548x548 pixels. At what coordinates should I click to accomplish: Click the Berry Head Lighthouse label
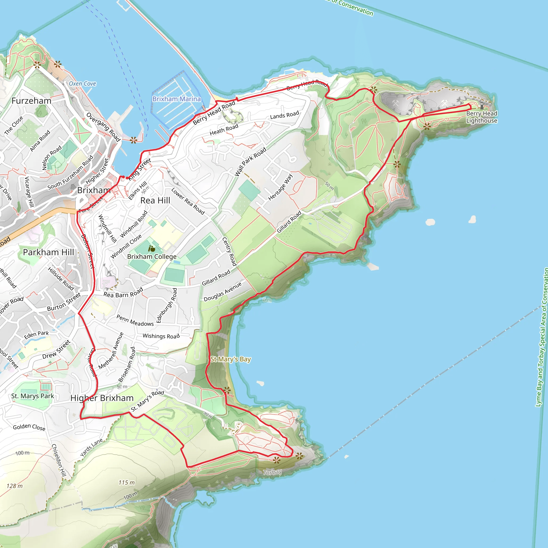coord(481,117)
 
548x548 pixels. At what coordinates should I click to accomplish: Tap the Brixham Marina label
coord(176,99)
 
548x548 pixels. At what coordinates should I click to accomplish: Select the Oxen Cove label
coord(82,84)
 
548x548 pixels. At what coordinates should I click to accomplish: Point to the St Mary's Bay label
coord(231,359)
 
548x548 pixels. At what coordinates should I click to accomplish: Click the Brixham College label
coord(152,257)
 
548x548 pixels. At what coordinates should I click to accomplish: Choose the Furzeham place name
coord(32,101)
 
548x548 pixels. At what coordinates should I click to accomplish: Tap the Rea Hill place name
coord(155,200)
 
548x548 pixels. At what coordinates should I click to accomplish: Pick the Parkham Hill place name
coord(48,252)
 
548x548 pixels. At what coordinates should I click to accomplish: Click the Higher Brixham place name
coord(102,398)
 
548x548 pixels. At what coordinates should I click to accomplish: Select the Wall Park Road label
coord(251,162)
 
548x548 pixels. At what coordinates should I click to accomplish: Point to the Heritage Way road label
coord(280,187)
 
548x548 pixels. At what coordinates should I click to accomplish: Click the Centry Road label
coord(229,252)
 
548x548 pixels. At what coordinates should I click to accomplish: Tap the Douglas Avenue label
coord(223,292)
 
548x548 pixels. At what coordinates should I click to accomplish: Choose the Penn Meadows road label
coord(135,321)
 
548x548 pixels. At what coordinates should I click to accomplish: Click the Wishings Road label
coord(161,336)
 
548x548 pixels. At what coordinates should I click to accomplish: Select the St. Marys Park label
coord(33,396)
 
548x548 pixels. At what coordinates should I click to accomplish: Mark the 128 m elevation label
coord(14,486)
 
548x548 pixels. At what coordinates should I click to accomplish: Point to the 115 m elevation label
coord(127,482)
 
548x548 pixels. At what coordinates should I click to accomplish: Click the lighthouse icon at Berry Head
coord(482,106)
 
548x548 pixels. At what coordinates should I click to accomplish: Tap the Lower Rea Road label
coord(188,201)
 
